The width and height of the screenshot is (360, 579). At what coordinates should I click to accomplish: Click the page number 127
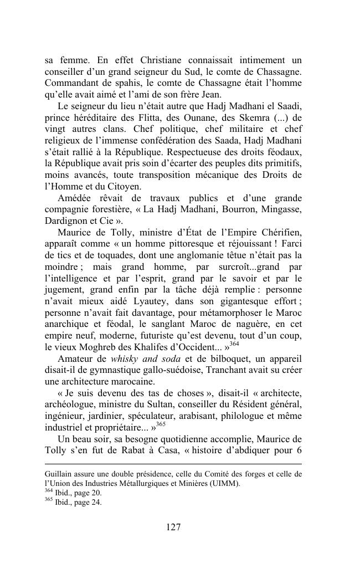173,527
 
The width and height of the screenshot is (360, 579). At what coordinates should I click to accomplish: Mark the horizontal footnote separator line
173,464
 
